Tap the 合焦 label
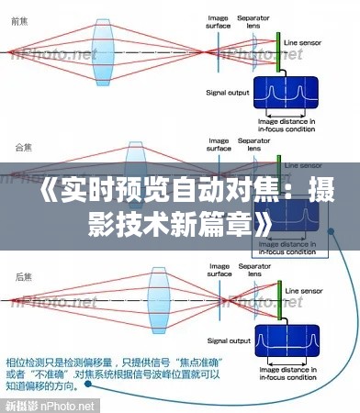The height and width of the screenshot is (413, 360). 19,146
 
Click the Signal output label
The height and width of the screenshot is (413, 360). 226,92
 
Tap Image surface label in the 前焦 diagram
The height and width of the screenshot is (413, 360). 219,21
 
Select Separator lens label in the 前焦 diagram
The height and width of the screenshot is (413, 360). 253,21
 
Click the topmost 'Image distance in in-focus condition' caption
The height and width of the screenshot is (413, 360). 287,124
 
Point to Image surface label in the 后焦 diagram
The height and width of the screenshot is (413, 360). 219,272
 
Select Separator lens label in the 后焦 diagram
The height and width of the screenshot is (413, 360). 253,272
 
